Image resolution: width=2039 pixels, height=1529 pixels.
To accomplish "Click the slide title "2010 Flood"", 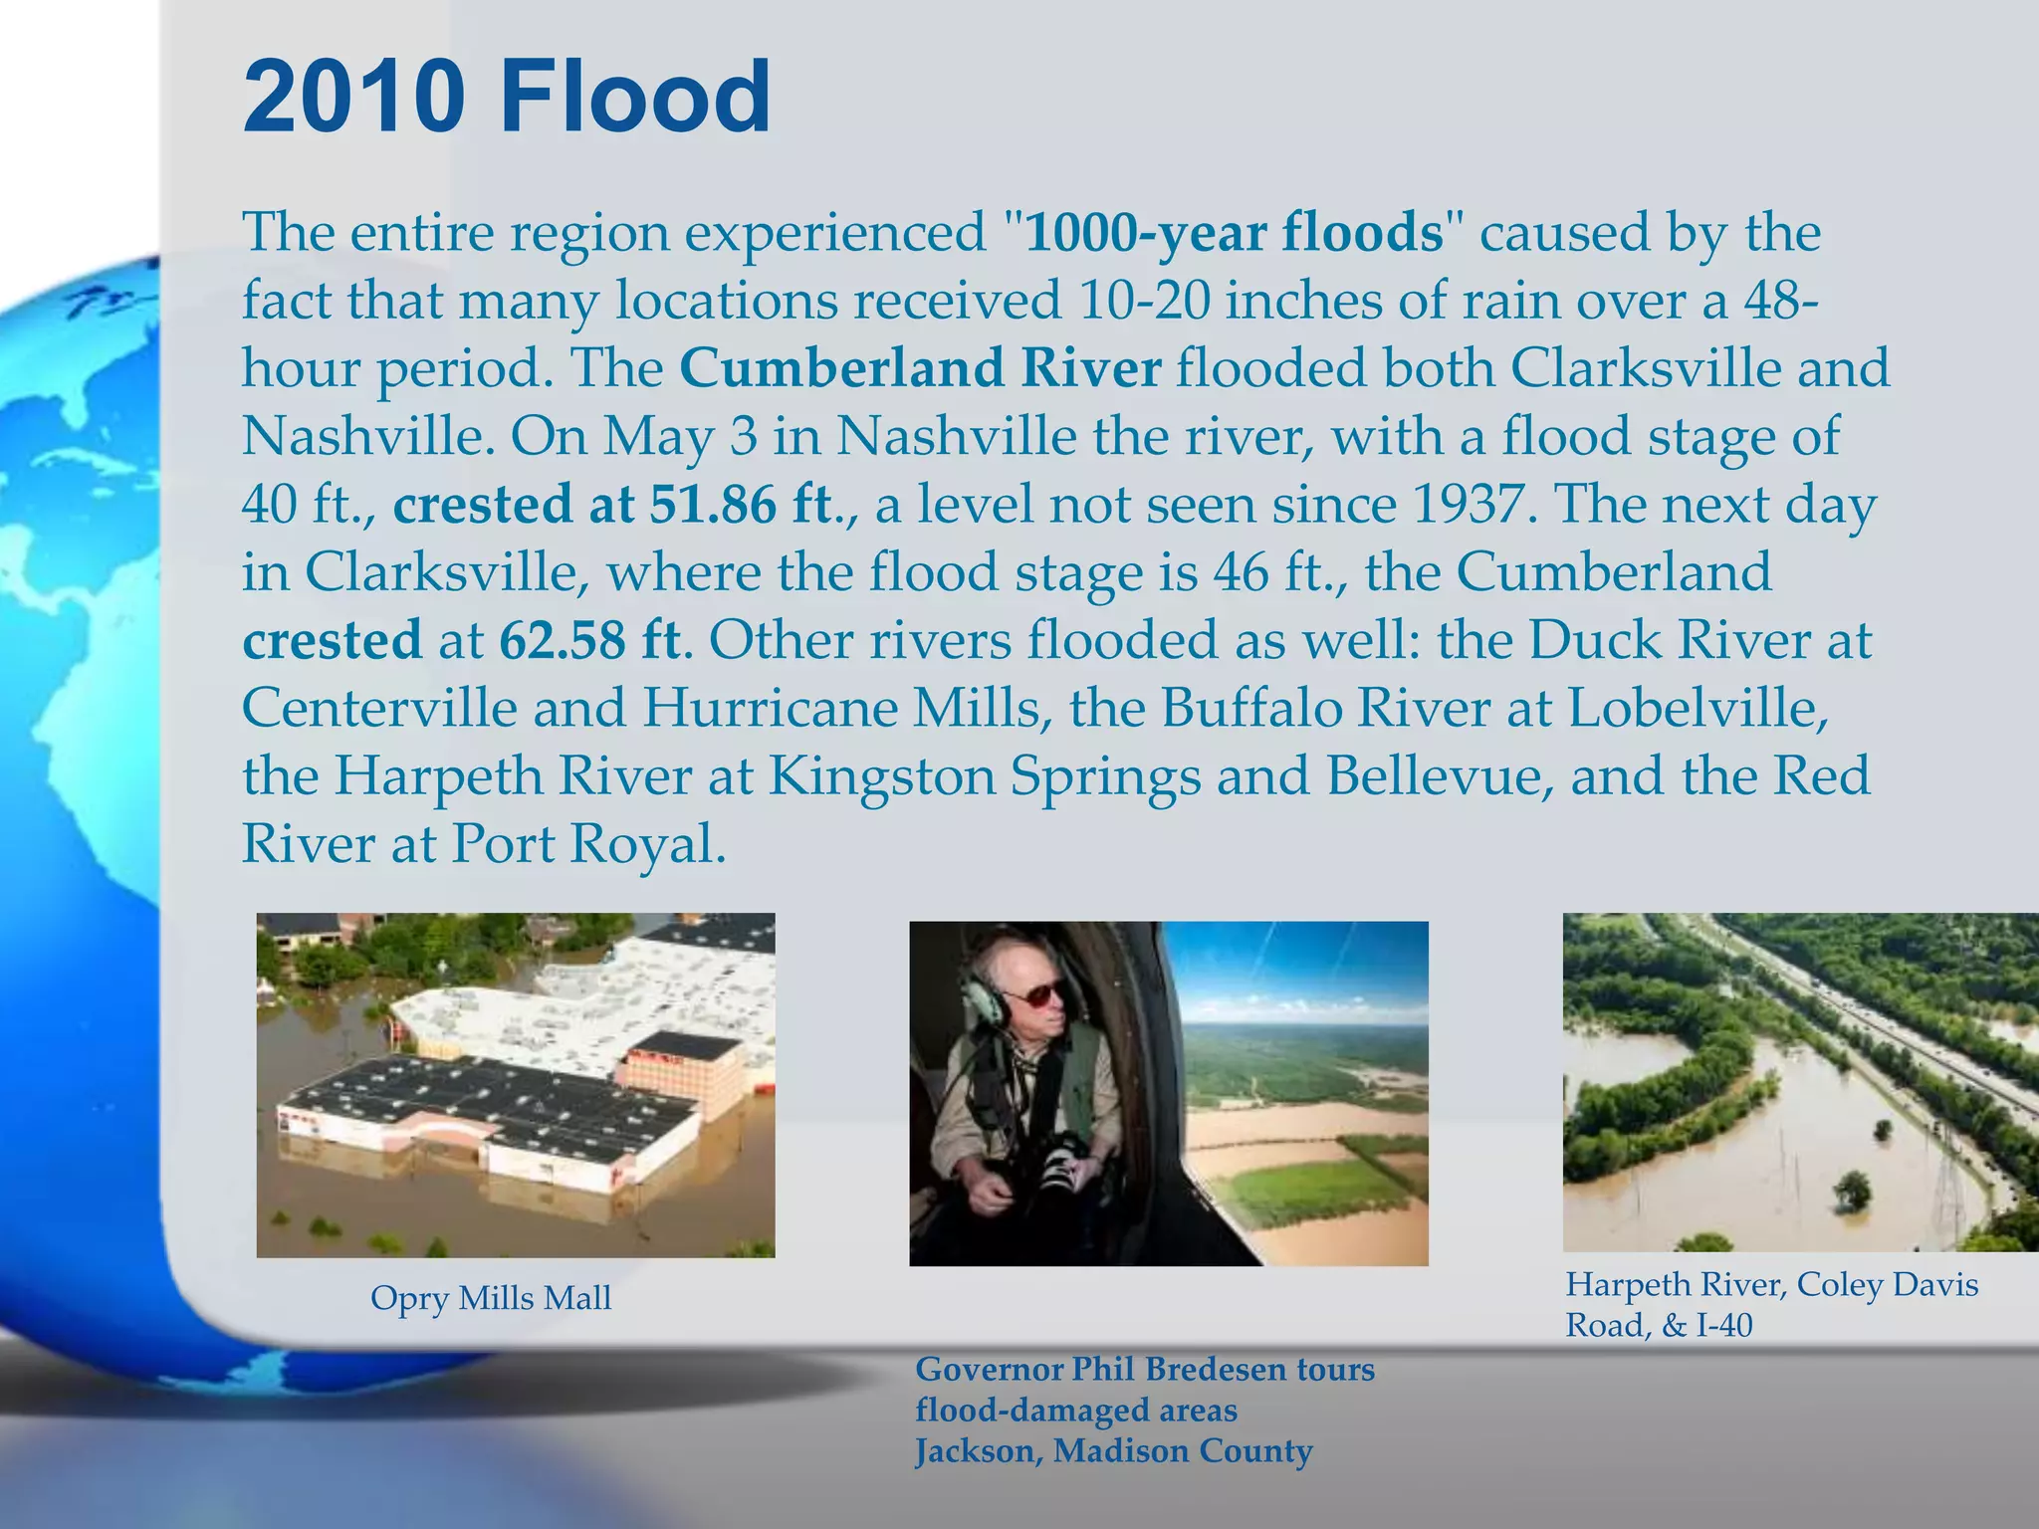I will point(506,98).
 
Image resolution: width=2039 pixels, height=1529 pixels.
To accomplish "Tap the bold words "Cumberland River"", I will point(920,368).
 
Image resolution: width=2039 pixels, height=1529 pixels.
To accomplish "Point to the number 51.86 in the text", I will point(713,504).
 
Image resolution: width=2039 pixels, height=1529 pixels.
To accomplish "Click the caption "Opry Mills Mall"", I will point(491,1298).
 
